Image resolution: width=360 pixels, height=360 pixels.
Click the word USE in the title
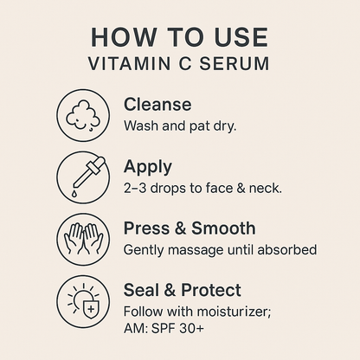[x=241, y=37]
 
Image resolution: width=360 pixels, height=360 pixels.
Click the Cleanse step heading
[x=157, y=104]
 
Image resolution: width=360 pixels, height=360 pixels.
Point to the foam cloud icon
[x=83, y=115]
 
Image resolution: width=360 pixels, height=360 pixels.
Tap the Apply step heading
[x=148, y=168]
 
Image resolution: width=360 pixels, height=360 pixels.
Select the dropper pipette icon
[x=89, y=171]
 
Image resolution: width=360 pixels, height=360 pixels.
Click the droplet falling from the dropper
[x=74, y=193]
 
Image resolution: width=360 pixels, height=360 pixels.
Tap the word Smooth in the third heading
[x=223, y=228]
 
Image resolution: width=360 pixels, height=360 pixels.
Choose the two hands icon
[x=83, y=239]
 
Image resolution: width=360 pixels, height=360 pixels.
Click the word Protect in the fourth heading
[x=211, y=290]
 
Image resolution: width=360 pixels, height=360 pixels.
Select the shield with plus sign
[x=91, y=310]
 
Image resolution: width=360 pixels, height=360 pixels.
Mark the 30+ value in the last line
[x=191, y=328]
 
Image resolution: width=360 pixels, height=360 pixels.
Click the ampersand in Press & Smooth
[x=181, y=228]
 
